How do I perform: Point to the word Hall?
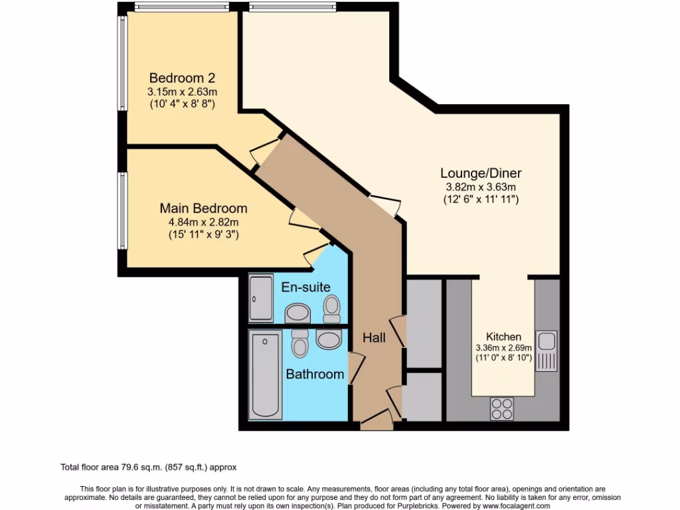coord(374,338)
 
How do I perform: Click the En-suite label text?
coord(306,288)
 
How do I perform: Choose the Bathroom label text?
coord(315,375)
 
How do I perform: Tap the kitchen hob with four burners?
coord(501,408)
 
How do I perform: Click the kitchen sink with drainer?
coord(547,351)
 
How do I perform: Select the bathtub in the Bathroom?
coord(266,375)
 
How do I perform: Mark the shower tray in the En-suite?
coord(260,299)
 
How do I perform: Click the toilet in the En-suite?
coord(331,307)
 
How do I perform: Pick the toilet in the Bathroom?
coord(299,342)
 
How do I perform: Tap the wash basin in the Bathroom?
coord(329,340)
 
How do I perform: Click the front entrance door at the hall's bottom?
coord(376,421)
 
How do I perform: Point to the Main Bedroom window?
coord(122,211)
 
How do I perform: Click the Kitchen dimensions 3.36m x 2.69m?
coord(503,348)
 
